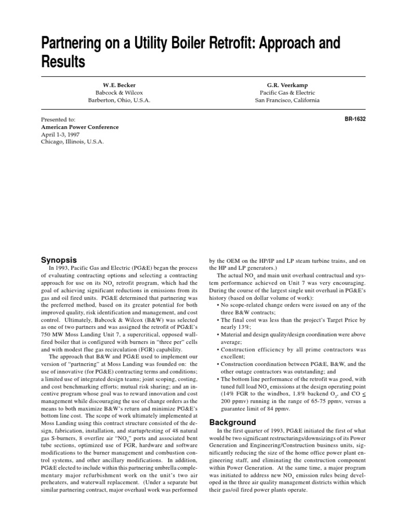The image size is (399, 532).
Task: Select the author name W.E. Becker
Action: [x=119, y=84]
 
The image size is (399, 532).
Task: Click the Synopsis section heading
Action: [x=59, y=259]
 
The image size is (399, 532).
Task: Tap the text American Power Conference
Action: [x=79, y=127]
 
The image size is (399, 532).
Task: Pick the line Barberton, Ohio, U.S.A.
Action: [x=119, y=100]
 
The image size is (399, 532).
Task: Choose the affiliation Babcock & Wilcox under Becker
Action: [x=119, y=92]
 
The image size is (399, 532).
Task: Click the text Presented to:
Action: [x=58, y=119]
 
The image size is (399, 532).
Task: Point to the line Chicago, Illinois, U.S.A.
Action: [x=72, y=141]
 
